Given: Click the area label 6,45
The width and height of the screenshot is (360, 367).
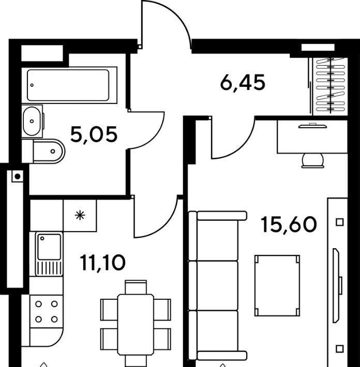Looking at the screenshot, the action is tap(243, 83).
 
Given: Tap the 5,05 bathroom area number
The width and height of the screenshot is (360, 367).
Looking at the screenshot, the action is tap(94, 134).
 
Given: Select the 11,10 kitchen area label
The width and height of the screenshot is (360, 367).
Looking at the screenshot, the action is tap(102, 263).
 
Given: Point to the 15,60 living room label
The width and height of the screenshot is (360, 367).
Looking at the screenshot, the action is tap(289, 224).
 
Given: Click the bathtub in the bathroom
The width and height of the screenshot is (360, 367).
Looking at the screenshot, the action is tap(69, 85).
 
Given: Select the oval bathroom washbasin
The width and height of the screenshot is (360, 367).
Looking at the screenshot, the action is tap(32, 121).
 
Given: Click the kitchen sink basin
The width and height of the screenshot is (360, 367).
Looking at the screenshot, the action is tap(49, 247).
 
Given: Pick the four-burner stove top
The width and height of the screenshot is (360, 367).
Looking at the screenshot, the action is tap(47, 312).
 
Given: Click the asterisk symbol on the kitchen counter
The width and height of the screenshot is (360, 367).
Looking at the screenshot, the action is tap(80, 216).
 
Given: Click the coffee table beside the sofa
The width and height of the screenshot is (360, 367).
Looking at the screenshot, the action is tap(277, 285).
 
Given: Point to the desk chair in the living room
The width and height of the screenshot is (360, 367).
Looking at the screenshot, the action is tap(313, 161).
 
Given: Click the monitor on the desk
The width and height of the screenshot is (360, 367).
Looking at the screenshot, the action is tap(312, 126).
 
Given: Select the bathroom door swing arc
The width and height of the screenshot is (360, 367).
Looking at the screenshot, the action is tap(155, 138).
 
